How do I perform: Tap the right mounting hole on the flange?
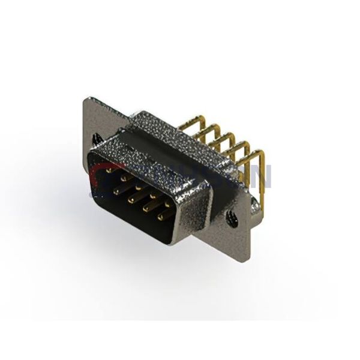pos(230,220)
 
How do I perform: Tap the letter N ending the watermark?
pos(263,175)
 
